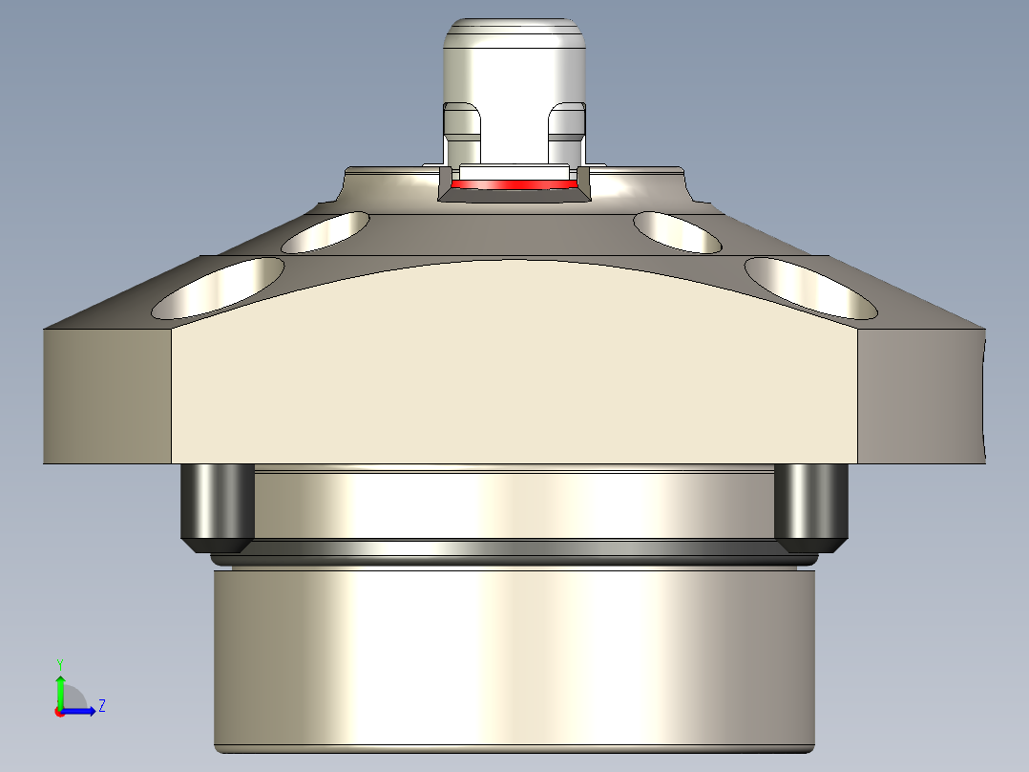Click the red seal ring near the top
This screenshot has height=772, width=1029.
[514, 183]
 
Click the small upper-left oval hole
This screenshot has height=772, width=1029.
[326, 231]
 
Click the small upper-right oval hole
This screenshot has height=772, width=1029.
[678, 231]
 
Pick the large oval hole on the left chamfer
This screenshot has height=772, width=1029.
[220, 289]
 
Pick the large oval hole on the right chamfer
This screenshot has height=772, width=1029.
[810, 289]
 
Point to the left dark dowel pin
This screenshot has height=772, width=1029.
[218, 504]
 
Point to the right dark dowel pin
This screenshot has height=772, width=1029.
[810, 504]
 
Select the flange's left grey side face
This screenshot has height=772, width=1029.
[107, 397]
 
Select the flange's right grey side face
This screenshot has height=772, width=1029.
[921, 397]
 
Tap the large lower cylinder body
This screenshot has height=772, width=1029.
[514, 659]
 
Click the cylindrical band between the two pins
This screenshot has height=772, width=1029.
[514, 506]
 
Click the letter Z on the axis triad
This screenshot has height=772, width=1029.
[101, 706]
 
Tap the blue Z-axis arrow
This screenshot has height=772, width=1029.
[81, 711]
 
